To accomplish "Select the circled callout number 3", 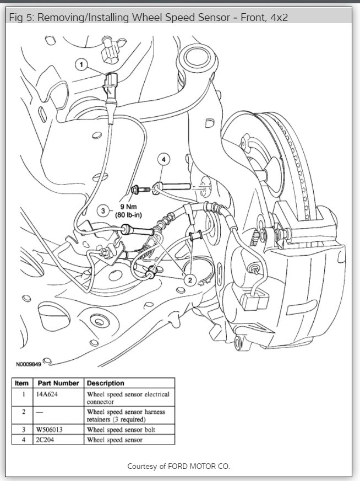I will (x=102, y=210).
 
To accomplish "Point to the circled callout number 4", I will (x=163, y=159).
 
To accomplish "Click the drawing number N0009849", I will (x=28, y=364).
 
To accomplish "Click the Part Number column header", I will (x=58, y=383).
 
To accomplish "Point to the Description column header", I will (x=106, y=383).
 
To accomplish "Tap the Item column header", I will (x=22, y=383).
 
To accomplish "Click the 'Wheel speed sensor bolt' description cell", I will (x=121, y=429).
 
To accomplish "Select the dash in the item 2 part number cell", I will (x=39, y=412).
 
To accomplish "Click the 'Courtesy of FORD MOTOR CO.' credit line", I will (x=179, y=466).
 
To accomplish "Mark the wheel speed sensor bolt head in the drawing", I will (x=135, y=190).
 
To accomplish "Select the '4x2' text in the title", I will (x=277, y=18).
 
